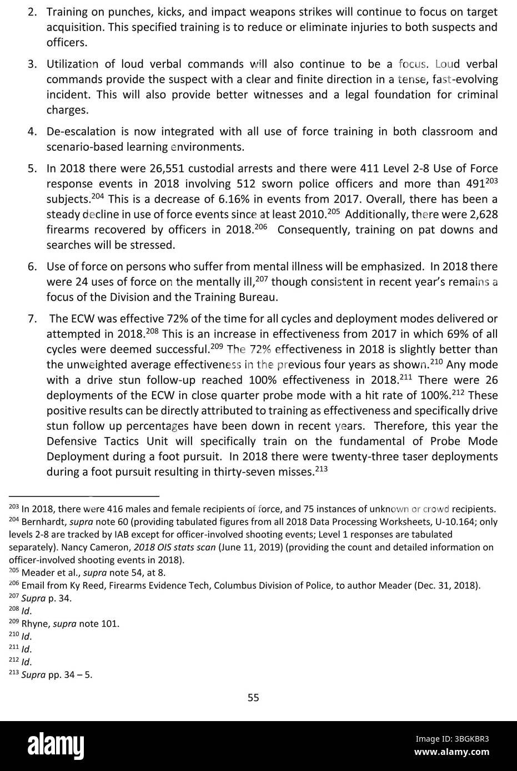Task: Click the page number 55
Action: (253, 698)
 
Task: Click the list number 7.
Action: (32, 318)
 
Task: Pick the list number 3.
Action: (32, 64)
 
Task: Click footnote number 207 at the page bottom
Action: (14, 597)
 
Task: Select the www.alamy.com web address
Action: (452, 752)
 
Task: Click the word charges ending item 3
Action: (67, 110)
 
